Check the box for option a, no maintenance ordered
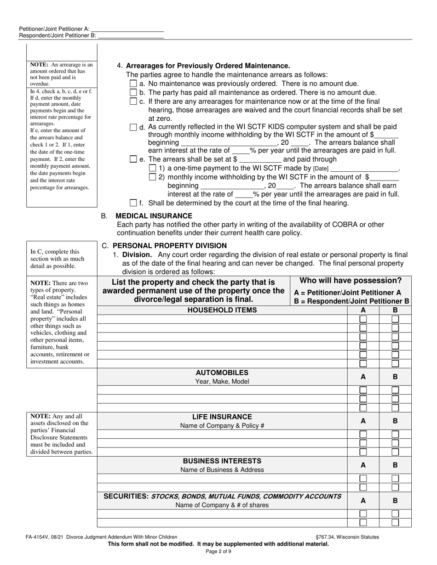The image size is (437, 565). click(x=133, y=84)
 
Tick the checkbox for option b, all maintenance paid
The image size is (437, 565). click(x=133, y=92)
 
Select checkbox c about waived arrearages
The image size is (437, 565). click(x=133, y=101)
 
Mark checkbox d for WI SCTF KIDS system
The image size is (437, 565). click(x=133, y=127)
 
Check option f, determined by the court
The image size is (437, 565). click(x=133, y=203)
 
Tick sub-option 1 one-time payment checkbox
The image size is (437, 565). click(x=153, y=168)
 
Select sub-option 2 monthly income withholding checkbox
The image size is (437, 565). click(x=153, y=177)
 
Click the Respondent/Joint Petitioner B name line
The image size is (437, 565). click(x=131, y=35)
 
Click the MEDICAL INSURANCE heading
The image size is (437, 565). click(x=154, y=216)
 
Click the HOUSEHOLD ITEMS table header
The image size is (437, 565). click(x=222, y=310)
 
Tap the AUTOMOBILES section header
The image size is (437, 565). click(x=222, y=373)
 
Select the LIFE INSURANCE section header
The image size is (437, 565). click(x=222, y=417)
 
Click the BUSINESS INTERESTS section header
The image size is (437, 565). click(x=222, y=461)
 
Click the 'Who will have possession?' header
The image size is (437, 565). click(x=351, y=281)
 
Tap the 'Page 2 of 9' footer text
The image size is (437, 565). click(x=218, y=552)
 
